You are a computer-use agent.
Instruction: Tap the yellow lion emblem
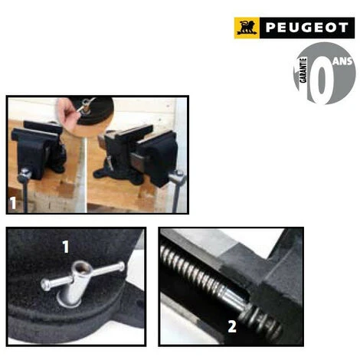click(x=248, y=28)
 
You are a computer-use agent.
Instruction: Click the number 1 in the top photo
click(x=14, y=202)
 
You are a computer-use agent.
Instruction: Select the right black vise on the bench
click(x=142, y=153)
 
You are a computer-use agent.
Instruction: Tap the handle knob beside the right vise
click(x=177, y=175)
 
